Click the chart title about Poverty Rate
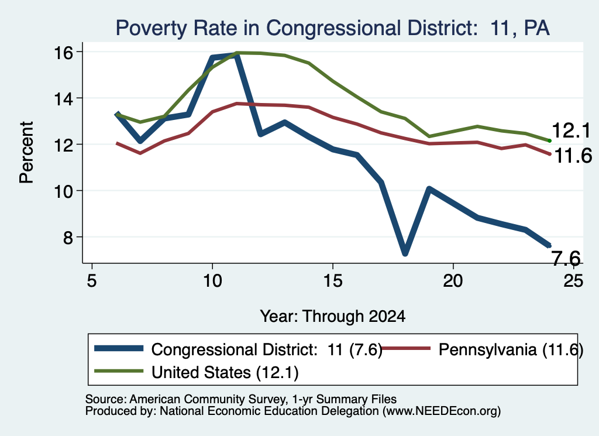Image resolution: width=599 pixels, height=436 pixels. [x=332, y=28]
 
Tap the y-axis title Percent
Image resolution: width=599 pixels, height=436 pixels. [x=26, y=153]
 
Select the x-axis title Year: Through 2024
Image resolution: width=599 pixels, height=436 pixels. [x=332, y=317]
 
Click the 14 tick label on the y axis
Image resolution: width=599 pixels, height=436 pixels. [x=63, y=99]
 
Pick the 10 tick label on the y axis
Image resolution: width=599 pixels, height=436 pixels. [x=63, y=191]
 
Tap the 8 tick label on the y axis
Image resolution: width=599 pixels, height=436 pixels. [x=68, y=238]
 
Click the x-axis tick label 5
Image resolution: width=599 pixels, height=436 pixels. [x=92, y=281]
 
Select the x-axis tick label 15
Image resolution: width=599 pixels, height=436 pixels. [x=333, y=281]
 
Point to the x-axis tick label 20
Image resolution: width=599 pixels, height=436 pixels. [x=453, y=281]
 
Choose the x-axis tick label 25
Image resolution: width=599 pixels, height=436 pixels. [x=573, y=281]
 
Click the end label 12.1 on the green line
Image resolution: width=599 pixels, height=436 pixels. [x=571, y=131]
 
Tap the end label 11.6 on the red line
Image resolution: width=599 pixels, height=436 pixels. [x=573, y=156]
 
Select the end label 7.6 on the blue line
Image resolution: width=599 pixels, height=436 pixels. [x=566, y=258]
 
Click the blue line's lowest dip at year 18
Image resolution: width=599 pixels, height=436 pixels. [x=405, y=253]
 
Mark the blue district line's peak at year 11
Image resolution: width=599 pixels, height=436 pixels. [x=236, y=55]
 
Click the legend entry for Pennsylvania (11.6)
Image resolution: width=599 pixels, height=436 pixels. [x=482, y=349]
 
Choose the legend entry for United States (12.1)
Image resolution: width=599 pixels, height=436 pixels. [x=197, y=372]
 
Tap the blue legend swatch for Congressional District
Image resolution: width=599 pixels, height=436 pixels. [x=119, y=348]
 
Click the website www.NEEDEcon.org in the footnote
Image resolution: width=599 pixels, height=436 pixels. [x=442, y=411]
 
